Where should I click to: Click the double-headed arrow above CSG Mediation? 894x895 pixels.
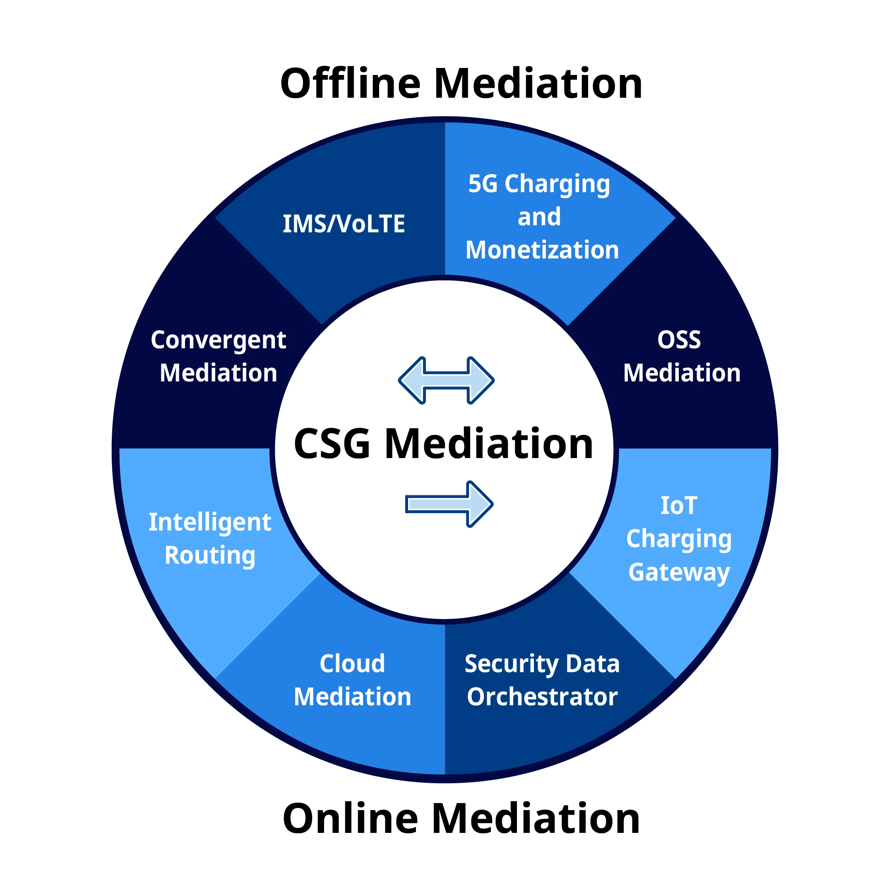click(446, 380)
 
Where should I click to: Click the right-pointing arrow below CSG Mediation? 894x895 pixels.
click(449, 504)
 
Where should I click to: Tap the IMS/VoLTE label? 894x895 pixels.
click(344, 224)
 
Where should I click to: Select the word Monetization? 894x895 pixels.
click(542, 250)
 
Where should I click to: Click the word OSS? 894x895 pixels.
click(679, 340)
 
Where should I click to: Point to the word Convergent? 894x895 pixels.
click(218, 340)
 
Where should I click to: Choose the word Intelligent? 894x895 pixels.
click(210, 523)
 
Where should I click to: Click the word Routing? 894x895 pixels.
click(210, 555)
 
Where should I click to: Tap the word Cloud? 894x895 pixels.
click(352, 664)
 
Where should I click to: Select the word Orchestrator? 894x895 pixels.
click(542, 697)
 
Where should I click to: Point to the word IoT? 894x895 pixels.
click(678, 505)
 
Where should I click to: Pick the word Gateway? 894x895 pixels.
click(679, 572)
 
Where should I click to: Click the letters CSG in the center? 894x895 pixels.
click(332, 444)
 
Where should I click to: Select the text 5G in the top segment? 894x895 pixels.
click(483, 183)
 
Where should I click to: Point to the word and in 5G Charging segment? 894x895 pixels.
click(539, 217)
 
